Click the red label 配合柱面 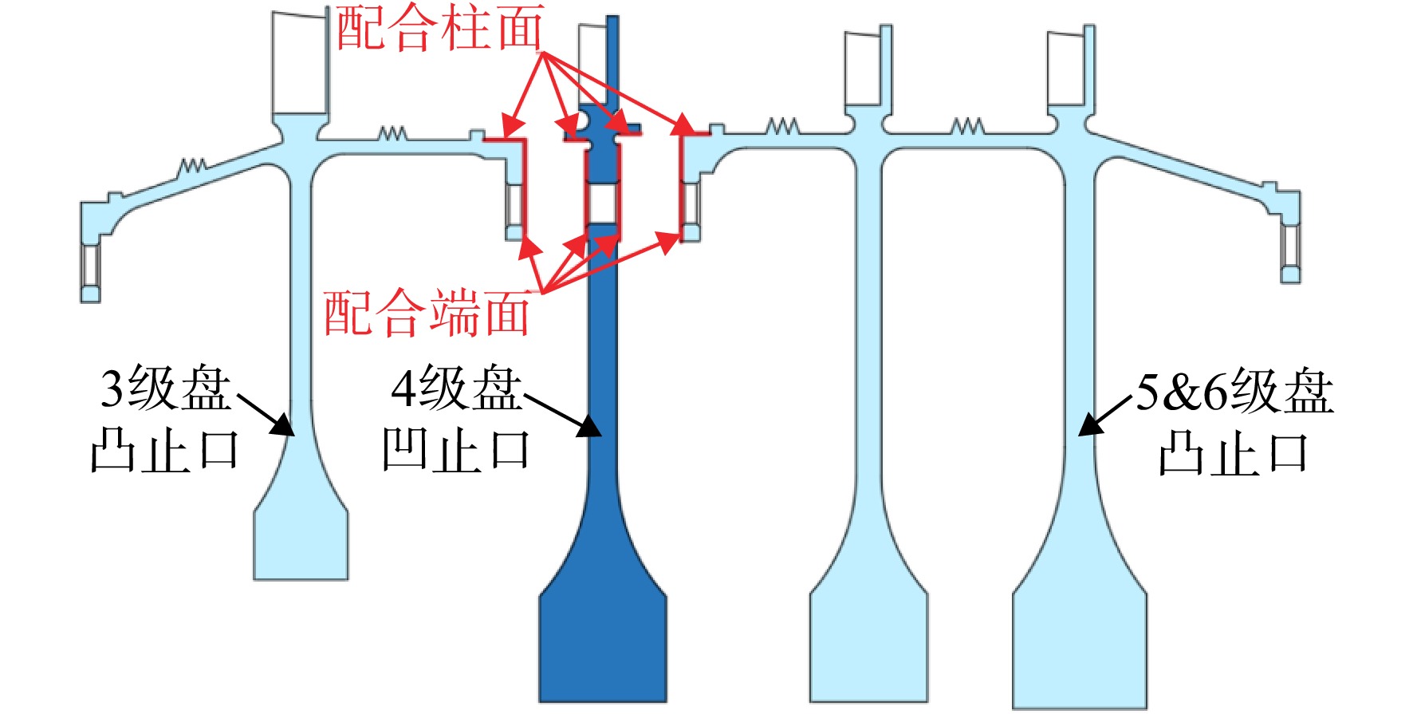point(439,28)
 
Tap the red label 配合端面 point(427,312)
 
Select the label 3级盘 point(166,389)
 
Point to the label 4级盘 point(456,389)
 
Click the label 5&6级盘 point(1234,392)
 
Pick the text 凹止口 point(456,450)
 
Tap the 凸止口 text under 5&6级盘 point(1233,453)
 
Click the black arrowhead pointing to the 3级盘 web point(283,424)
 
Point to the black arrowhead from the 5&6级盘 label point(1090,424)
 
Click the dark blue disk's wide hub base point(603,646)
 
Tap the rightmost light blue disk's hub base point(1080,650)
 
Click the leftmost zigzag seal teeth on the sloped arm point(192,166)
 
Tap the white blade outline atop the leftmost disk point(300,61)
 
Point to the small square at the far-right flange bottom point(1290,275)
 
